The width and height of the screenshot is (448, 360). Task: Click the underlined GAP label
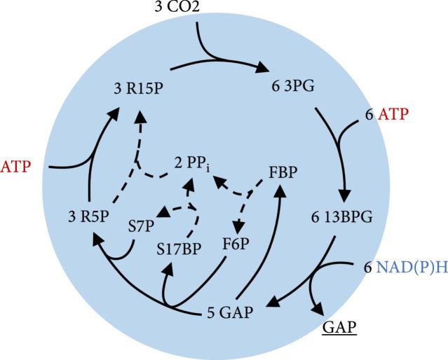point(339,328)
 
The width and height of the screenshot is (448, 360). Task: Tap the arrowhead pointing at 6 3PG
point(263,68)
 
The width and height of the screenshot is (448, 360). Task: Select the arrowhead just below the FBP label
point(283,188)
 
